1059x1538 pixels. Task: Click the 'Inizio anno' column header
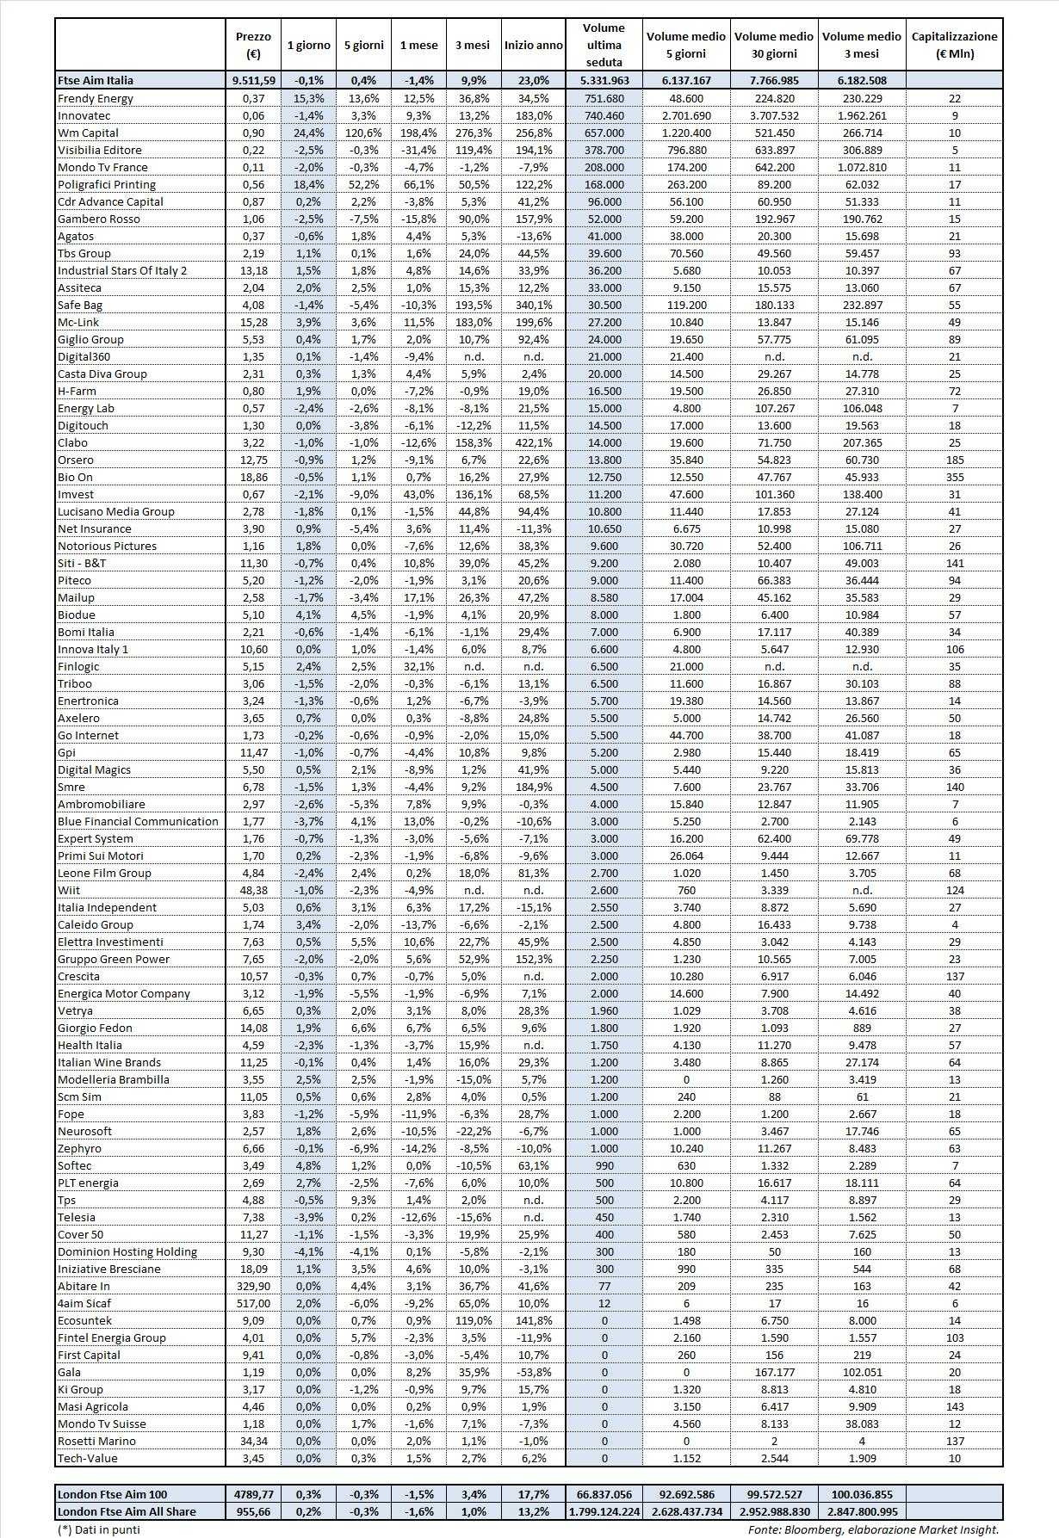tap(534, 45)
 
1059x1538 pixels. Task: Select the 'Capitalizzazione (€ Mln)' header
tap(954, 45)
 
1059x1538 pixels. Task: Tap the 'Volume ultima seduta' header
tap(604, 45)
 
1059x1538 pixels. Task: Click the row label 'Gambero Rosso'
tap(98, 219)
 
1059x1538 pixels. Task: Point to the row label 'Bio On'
tap(75, 477)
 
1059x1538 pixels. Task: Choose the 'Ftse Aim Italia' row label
tap(96, 80)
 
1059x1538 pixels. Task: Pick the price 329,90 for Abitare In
tap(252, 1286)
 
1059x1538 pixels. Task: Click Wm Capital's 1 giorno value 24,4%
tap(308, 133)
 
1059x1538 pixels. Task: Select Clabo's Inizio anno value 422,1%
tap(534, 442)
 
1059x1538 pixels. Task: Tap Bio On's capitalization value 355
tap(954, 477)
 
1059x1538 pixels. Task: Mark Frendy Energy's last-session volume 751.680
tap(604, 98)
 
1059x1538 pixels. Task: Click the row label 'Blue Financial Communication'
tap(138, 821)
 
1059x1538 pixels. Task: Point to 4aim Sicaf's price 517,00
tap(252, 1303)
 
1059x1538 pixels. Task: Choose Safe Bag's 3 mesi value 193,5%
tap(472, 305)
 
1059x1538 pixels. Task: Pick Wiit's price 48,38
tap(252, 890)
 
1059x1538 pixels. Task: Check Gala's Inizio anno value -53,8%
tap(534, 1372)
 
